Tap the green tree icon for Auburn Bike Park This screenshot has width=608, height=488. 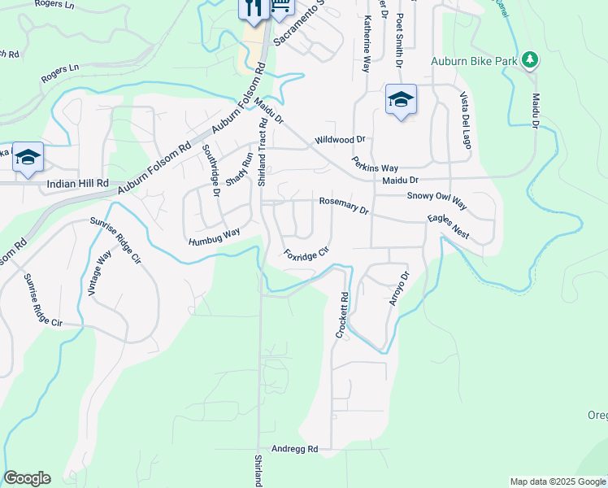coord(529,60)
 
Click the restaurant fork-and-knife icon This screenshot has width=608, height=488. coord(253,8)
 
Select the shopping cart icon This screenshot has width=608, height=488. coord(280,7)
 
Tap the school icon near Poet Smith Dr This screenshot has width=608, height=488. coord(401,99)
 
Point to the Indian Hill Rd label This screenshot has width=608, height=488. coord(77,185)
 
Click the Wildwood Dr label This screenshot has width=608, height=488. coord(341,140)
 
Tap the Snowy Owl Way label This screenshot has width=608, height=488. coord(436,196)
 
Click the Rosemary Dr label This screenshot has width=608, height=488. coord(344,205)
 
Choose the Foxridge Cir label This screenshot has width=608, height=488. coord(306,253)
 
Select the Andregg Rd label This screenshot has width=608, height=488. coord(294,448)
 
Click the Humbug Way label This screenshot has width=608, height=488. coord(215,237)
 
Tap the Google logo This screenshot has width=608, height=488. coord(27,478)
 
